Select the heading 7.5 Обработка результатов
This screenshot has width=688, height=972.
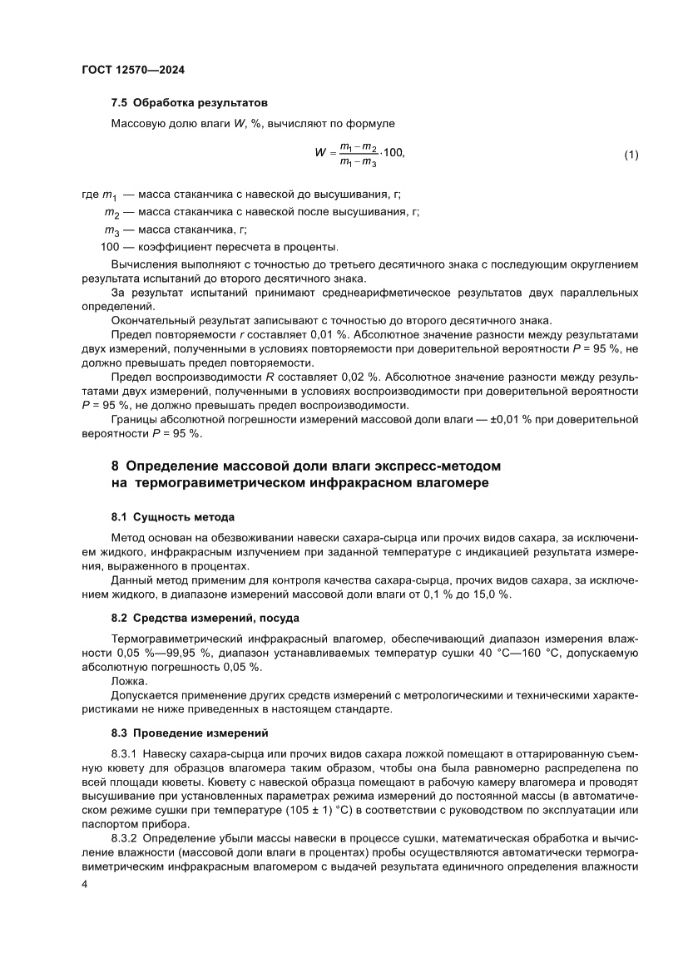189,104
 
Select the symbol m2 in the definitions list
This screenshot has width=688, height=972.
111,213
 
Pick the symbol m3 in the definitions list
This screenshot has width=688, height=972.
111,230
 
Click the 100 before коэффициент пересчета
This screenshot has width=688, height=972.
110,247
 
